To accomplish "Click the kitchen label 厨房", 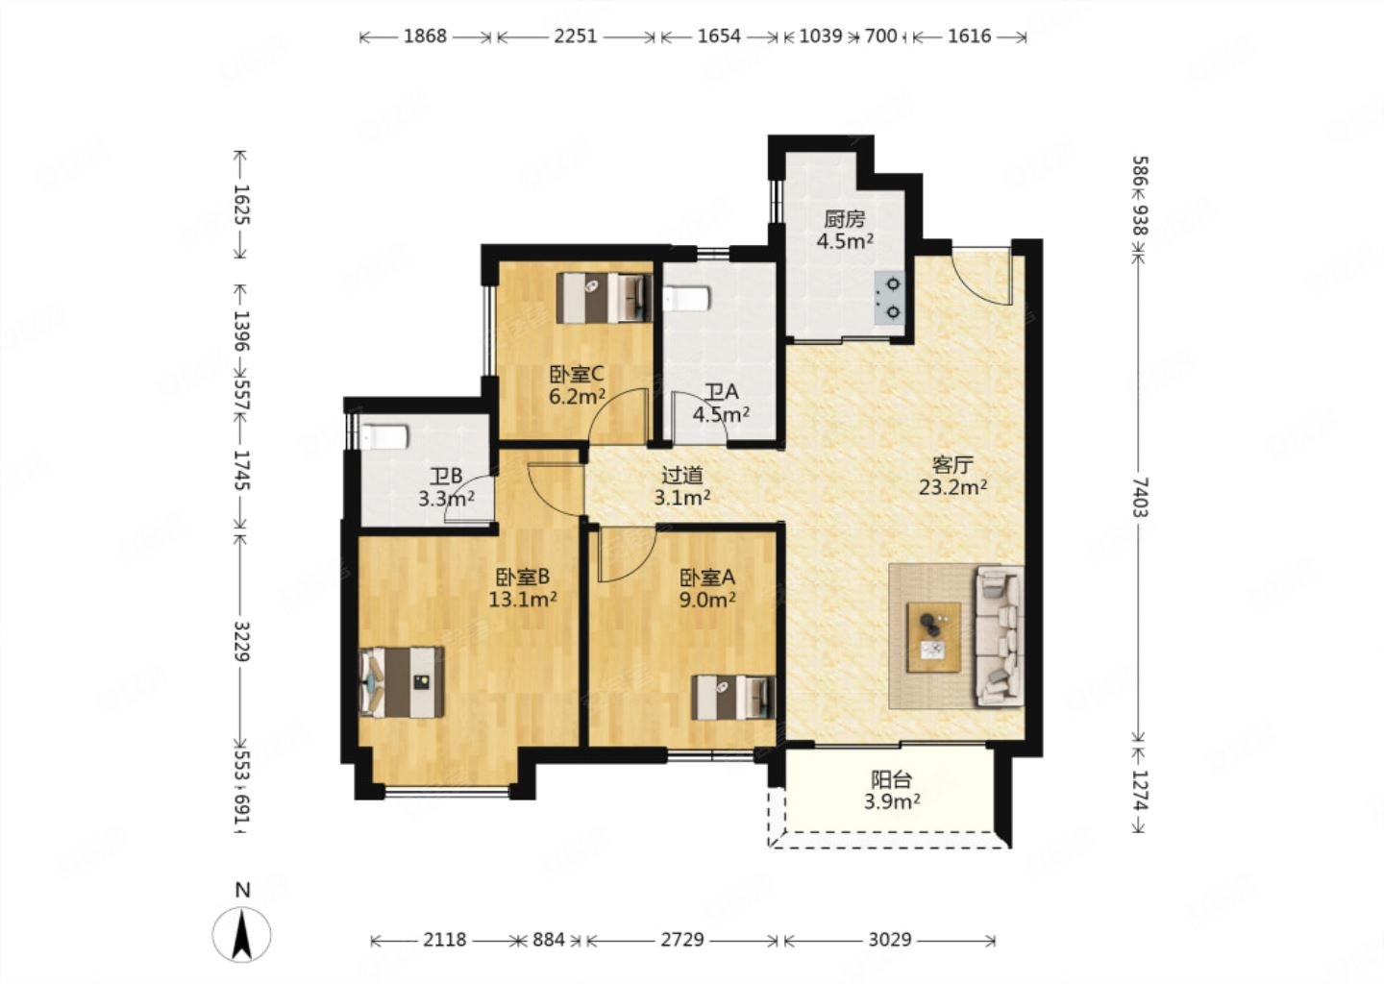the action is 845,219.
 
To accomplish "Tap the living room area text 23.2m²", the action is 952,487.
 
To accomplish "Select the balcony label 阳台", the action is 892,779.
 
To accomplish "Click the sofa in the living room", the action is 1000,636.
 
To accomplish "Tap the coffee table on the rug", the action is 933,637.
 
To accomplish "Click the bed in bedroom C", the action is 605,298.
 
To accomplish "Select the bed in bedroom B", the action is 402,682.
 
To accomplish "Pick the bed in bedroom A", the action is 732,698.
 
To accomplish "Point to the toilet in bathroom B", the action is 384,436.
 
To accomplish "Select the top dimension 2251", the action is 575,37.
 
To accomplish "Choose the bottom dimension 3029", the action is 890,940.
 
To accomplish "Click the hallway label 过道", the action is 682,476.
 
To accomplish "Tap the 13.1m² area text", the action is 523,599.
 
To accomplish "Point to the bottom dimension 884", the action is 549,940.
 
